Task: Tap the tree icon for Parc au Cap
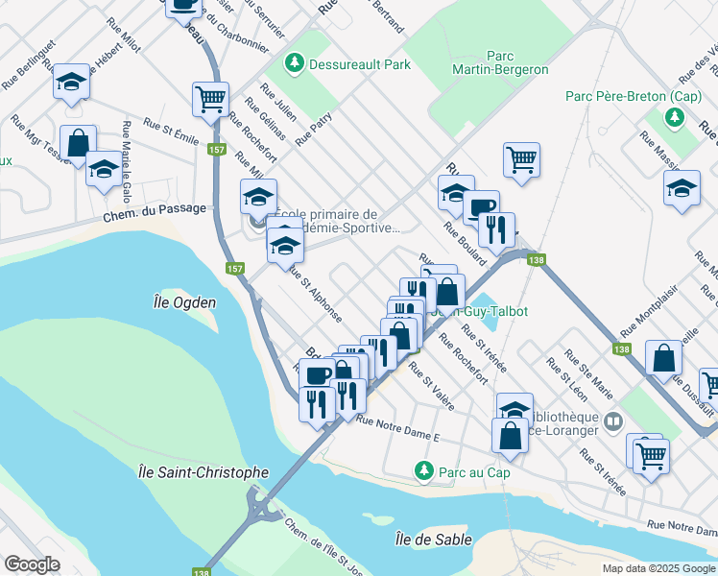click(421, 470)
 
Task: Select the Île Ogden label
click(184, 302)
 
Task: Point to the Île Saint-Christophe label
click(203, 472)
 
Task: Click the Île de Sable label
click(433, 540)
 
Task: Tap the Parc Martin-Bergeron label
click(504, 63)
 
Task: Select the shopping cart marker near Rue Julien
click(209, 98)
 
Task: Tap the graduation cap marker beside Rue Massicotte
click(682, 187)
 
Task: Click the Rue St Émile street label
click(170, 131)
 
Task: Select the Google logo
click(32, 564)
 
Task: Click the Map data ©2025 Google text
click(658, 568)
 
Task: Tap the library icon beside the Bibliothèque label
click(613, 420)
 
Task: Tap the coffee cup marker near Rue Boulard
click(481, 206)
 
